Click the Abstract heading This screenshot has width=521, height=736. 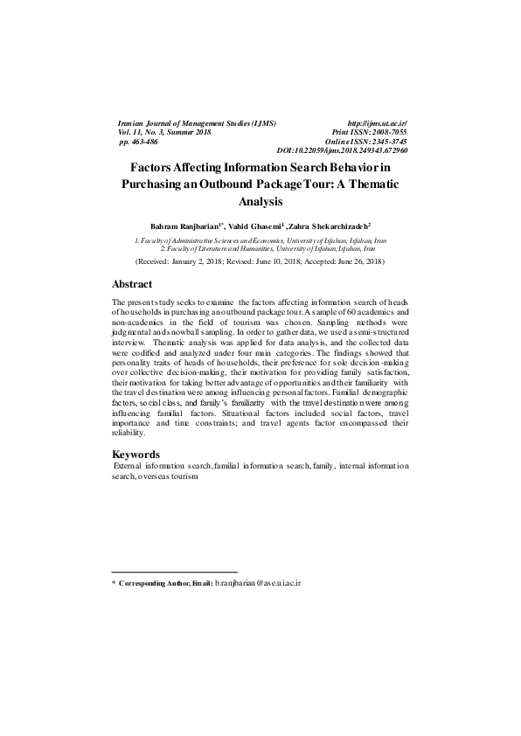point(132,284)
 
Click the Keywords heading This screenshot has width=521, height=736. point(136,455)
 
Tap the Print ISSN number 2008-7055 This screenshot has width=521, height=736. point(387,133)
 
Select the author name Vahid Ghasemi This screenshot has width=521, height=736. point(256,225)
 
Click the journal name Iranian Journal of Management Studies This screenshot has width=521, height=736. point(197,125)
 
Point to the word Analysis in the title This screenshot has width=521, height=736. point(260,202)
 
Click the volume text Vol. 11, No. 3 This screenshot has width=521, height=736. point(146,133)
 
